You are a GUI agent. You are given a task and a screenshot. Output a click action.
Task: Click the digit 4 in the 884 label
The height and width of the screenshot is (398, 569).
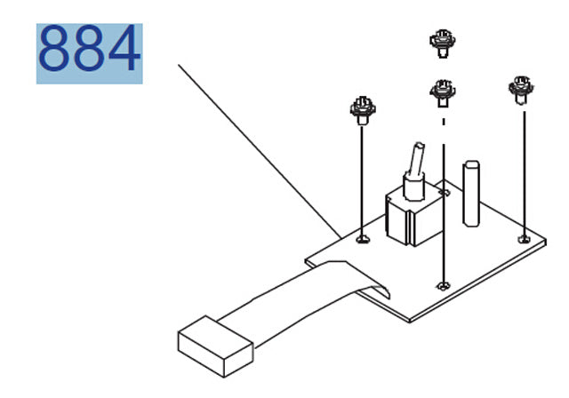click(x=124, y=48)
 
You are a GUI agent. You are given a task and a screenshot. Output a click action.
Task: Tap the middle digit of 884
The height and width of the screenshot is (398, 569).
click(x=89, y=48)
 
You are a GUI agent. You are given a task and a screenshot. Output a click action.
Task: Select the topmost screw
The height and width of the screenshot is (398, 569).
click(x=443, y=44)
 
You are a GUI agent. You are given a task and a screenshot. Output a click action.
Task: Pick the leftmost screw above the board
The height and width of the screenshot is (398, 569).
click(x=363, y=110)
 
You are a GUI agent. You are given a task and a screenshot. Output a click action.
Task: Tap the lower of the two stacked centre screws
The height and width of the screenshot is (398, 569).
click(x=443, y=93)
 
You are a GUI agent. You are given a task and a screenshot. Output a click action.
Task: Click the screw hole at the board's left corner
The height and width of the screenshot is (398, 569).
click(x=363, y=239)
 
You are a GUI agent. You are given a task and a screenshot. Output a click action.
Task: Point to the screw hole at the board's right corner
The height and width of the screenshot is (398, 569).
click(x=524, y=239)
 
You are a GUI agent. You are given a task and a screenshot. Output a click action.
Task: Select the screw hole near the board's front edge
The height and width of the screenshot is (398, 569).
click(x=443, y=286)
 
